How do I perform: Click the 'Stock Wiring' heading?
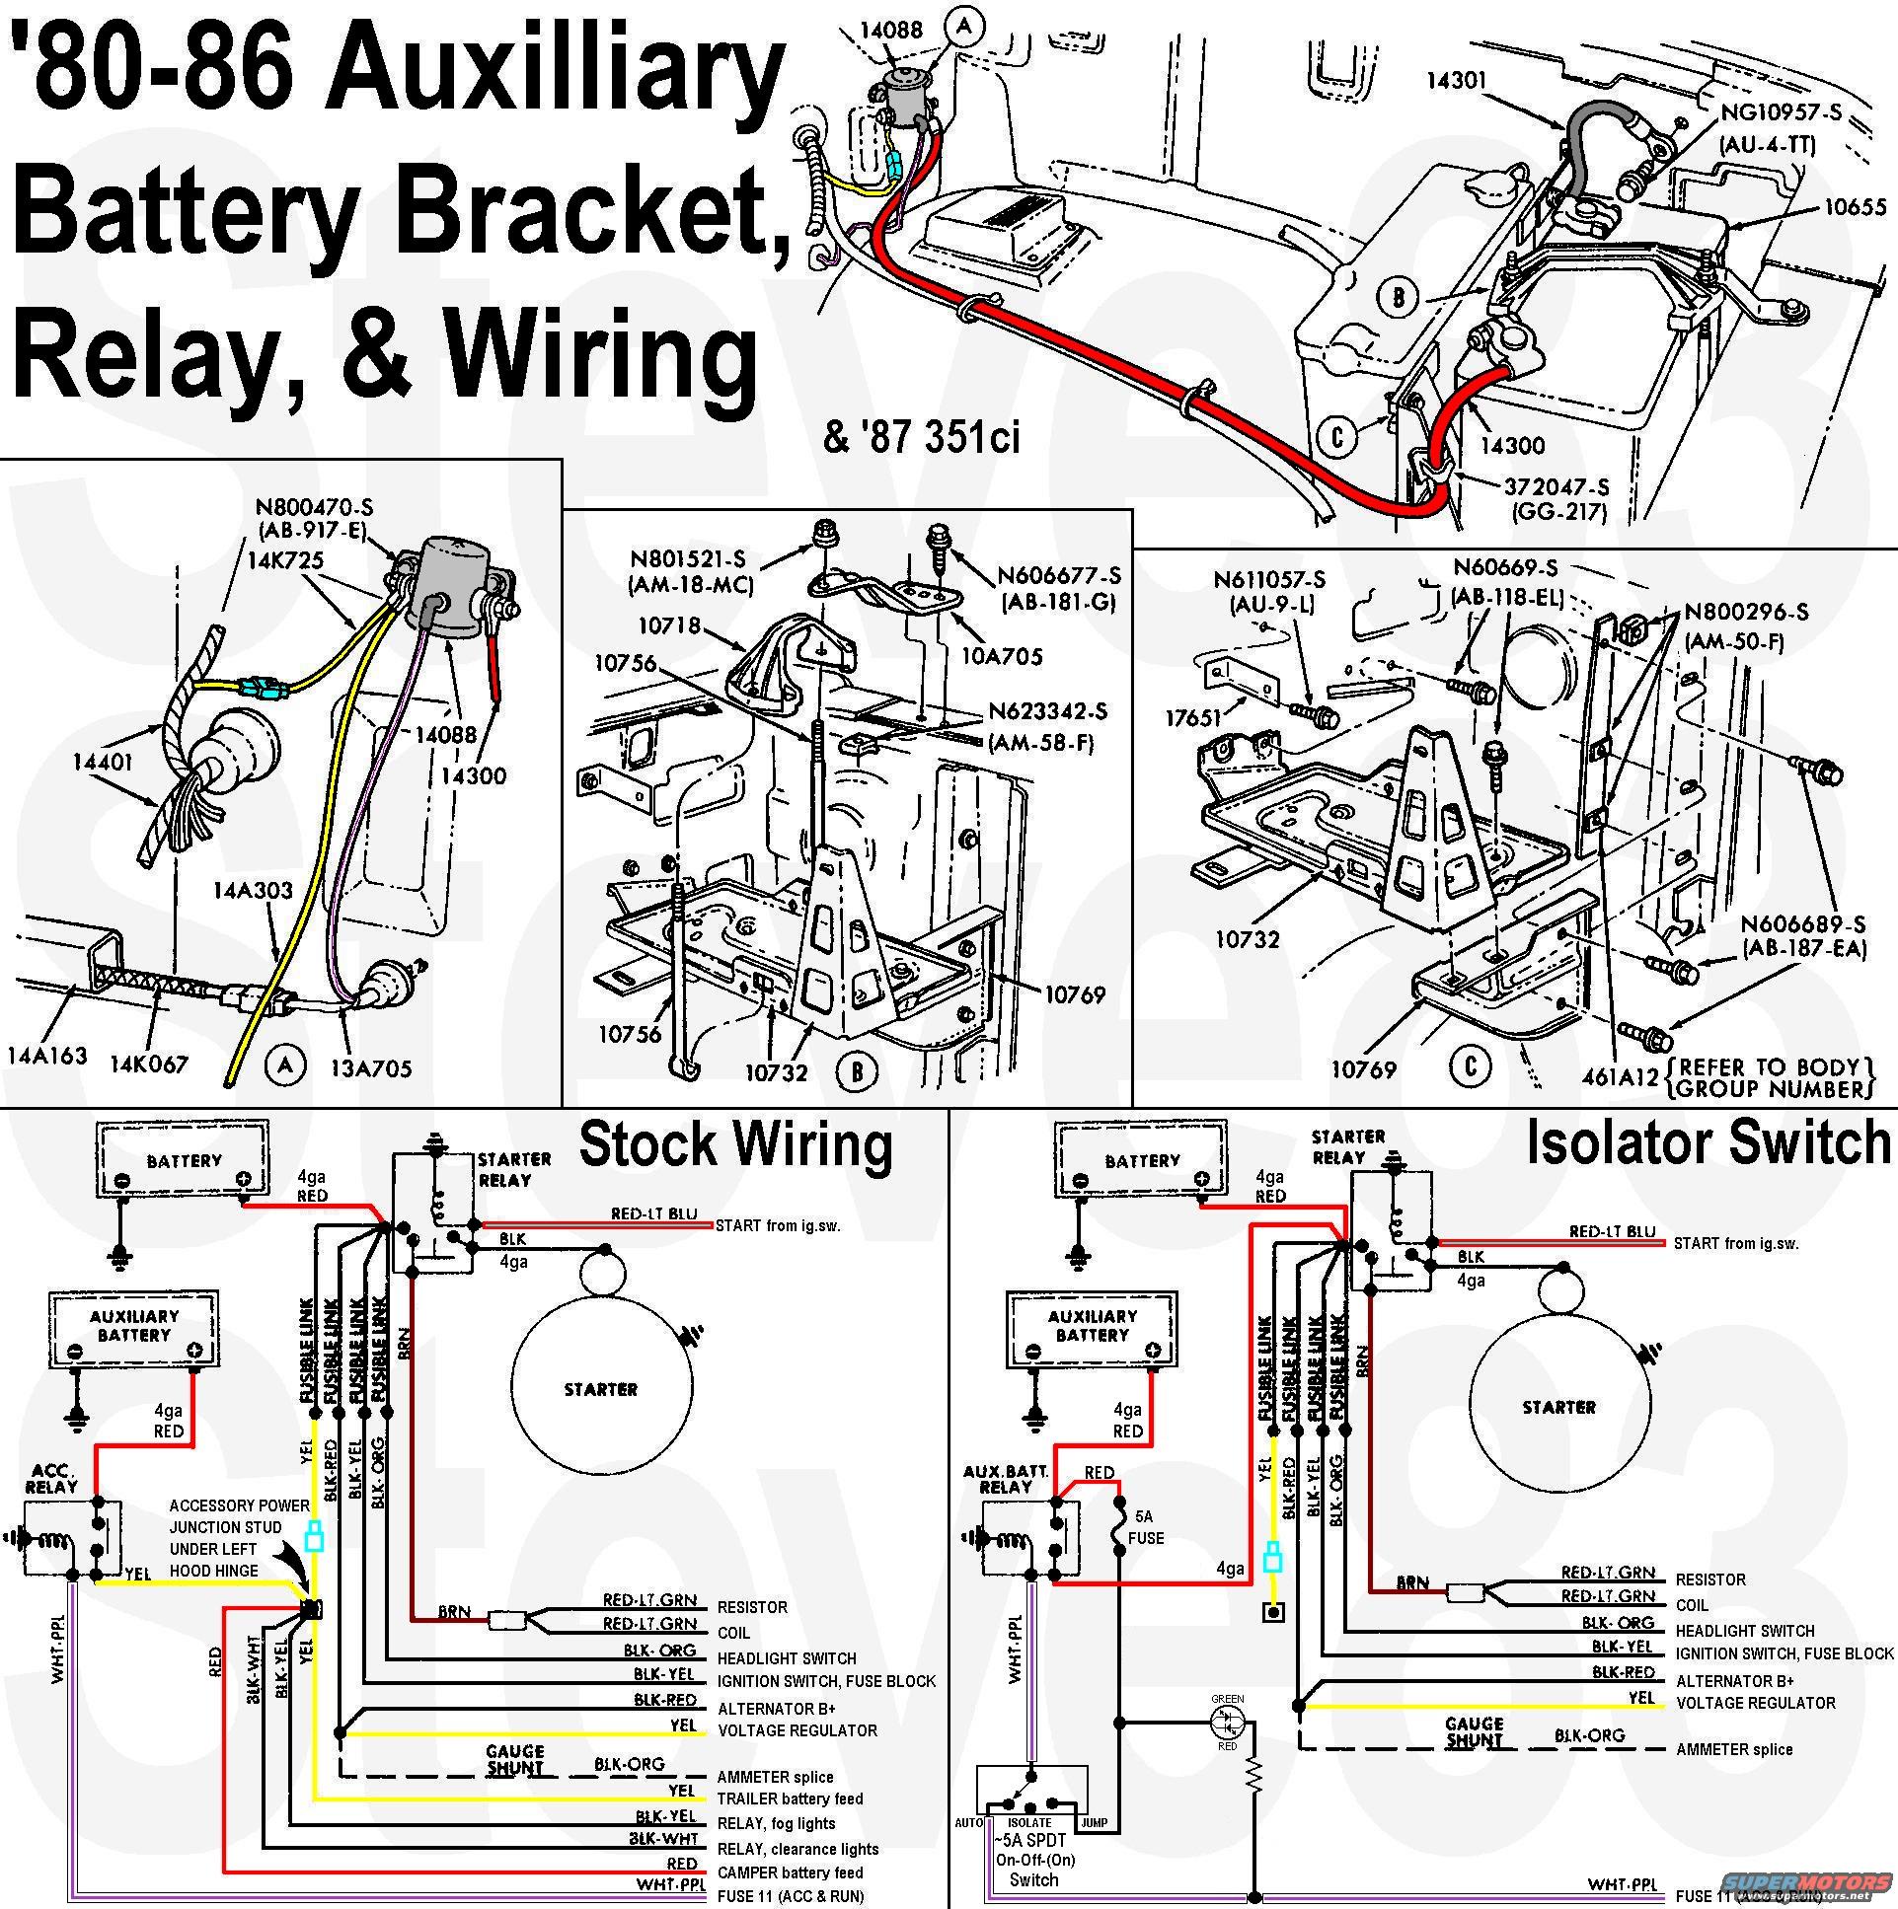[735, 1144]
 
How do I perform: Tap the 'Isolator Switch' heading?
[1708, 1143]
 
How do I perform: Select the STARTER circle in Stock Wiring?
[601, 1389]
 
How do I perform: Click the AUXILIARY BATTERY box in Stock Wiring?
[133, 1329]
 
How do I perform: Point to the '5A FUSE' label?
[1145, 1526]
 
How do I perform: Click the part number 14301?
[1457, 80]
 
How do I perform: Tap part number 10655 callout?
[1855, 207]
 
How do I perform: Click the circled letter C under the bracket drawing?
[1470, 1066]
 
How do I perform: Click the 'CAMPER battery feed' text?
[790, 1872]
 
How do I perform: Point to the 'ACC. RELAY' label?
[51, 1479]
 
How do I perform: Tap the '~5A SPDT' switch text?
[1033, 1840]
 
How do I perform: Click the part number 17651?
[1194, 717]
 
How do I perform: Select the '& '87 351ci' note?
[921, 436]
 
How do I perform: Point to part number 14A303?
[253, 890]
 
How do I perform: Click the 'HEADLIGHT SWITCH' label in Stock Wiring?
[786, 1659]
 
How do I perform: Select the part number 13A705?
[371, 1068]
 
